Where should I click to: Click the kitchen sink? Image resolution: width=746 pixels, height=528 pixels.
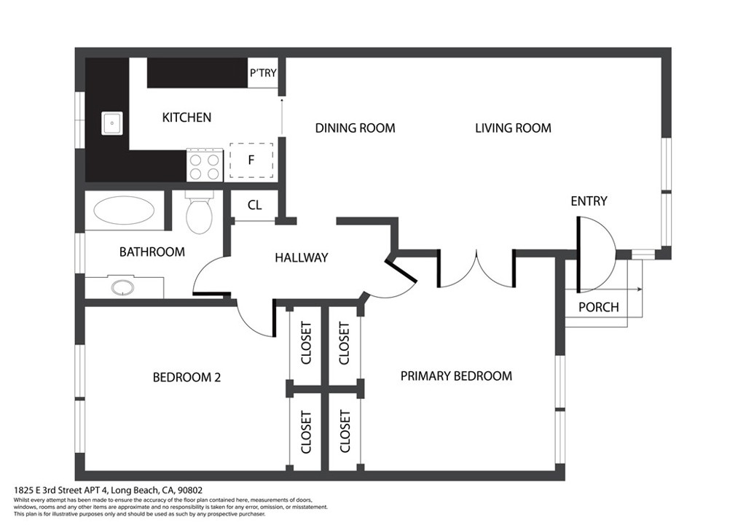click(x=111, y=123)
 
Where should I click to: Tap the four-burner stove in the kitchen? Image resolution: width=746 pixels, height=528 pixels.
click(x=205, y=165)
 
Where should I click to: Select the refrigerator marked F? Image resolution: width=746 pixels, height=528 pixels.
click(x=251, y=160)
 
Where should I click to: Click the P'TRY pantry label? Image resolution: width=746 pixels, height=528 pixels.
click(x=262, y=73)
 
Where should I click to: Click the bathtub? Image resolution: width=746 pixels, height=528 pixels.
click(x=124, y=210)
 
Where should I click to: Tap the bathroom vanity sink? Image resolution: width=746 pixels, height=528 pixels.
click(x=122, y=287)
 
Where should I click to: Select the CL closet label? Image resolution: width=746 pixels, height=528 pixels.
click(x=254, y=205)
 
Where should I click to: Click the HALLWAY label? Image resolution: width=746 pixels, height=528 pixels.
click(x=302, y=257)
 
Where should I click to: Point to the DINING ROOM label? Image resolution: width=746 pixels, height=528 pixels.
click(x=355, y=128)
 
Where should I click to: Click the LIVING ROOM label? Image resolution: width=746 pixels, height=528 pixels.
click(x=513, y=128)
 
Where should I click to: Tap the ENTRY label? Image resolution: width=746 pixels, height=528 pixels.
click(x=589, y=201)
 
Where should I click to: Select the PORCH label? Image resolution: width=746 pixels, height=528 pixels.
click(x=599, y=307)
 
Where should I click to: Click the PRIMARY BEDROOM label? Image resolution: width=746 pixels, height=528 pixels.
click(x=456, y=376)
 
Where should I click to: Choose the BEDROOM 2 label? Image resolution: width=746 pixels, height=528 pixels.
click(x=186, y=378)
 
